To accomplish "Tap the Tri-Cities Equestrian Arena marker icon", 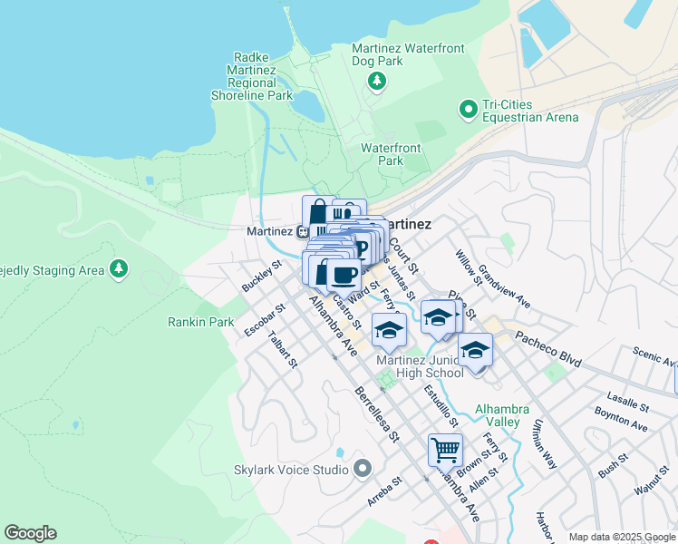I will pos(469,110).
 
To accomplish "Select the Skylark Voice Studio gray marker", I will pos(363,469).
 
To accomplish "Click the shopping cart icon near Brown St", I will pos(445,450).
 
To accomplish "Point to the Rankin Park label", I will pos(201,322).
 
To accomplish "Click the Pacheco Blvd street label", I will pos(548,348).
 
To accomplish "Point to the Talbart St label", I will pos(282,349).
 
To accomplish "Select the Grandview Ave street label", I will pos(505,286).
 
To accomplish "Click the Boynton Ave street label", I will pos(622,420).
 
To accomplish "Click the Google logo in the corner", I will pos(30,533).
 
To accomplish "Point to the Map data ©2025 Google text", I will pos(621,538).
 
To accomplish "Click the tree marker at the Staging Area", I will pos(118,268).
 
